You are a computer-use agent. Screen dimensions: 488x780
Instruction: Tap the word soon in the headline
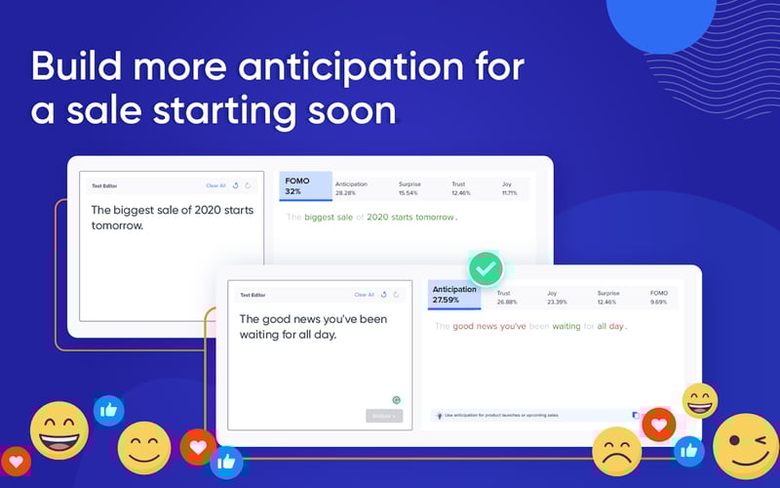tap(350, 110)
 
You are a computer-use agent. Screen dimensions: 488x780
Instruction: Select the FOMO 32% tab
tap(305, 186)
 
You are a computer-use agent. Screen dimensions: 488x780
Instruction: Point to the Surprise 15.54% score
tap(413, 187)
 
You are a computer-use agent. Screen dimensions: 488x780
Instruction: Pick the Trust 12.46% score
tap(461, 187)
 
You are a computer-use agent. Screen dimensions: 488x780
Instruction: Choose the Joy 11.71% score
tap(510, 187)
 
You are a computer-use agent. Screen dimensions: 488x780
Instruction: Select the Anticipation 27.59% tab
tap(454, 294)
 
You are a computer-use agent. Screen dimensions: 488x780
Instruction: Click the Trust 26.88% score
tap(510, 297)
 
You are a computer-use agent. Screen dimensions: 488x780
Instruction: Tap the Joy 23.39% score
tap(559, 297)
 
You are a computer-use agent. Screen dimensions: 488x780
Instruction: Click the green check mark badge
tap(486, 266)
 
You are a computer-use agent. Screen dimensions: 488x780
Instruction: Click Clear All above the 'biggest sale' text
tap(215, 185)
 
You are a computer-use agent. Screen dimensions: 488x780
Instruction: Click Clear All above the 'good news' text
tap(364, 294)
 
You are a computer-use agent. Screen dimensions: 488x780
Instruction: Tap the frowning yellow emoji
tap(617, 450)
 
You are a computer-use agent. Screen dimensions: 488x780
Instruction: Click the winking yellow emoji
tap(745, 445)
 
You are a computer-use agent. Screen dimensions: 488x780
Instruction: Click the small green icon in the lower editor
tap(397, 399)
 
